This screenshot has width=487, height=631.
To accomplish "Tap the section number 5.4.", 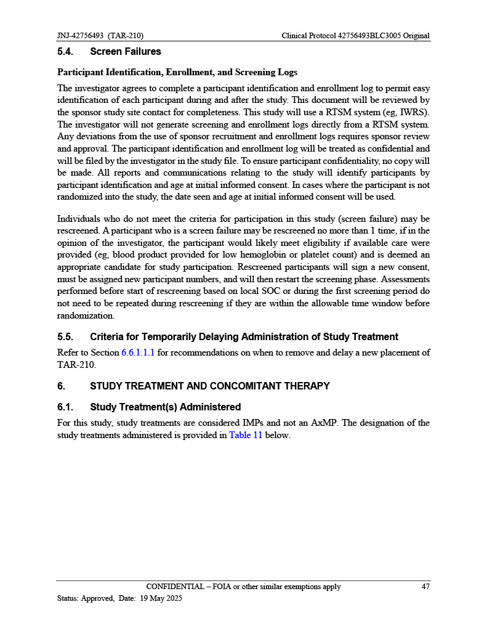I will click(65, 52).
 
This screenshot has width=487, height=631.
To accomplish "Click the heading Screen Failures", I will click(126, 52).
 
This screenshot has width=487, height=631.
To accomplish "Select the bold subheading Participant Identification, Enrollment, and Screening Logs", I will click(177, 72).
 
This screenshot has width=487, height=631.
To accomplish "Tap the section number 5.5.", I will click(65, 337).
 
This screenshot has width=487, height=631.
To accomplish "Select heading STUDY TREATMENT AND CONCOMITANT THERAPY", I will click(209, 386).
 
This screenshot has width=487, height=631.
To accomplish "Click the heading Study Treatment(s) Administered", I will click(165, 407).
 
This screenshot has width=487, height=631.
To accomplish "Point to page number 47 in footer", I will click(425, 587).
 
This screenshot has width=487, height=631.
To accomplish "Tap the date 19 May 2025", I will click(161, 598).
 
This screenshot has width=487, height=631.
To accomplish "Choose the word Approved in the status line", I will click(97, 598).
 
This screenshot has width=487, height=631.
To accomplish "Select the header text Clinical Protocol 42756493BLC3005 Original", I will click(355, 36).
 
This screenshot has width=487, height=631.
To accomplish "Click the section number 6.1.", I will click(65, 407).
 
